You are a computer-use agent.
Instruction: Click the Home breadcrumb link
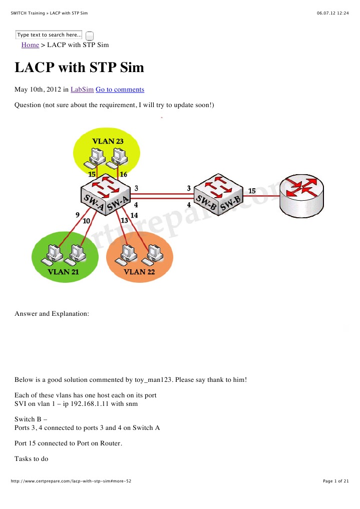pos(30,45)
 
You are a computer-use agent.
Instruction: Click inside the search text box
pos(49,35)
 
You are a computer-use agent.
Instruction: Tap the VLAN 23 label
pos(107,141)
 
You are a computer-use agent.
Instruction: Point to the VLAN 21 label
pos(63,272)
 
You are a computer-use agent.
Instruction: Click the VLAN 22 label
pos(139,272)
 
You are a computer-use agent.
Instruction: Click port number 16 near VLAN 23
pos(123,174)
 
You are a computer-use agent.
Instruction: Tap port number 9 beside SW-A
pos(78,215)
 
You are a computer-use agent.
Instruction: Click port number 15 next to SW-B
pos(252,191)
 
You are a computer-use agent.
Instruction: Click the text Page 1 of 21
pos(335,481)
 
